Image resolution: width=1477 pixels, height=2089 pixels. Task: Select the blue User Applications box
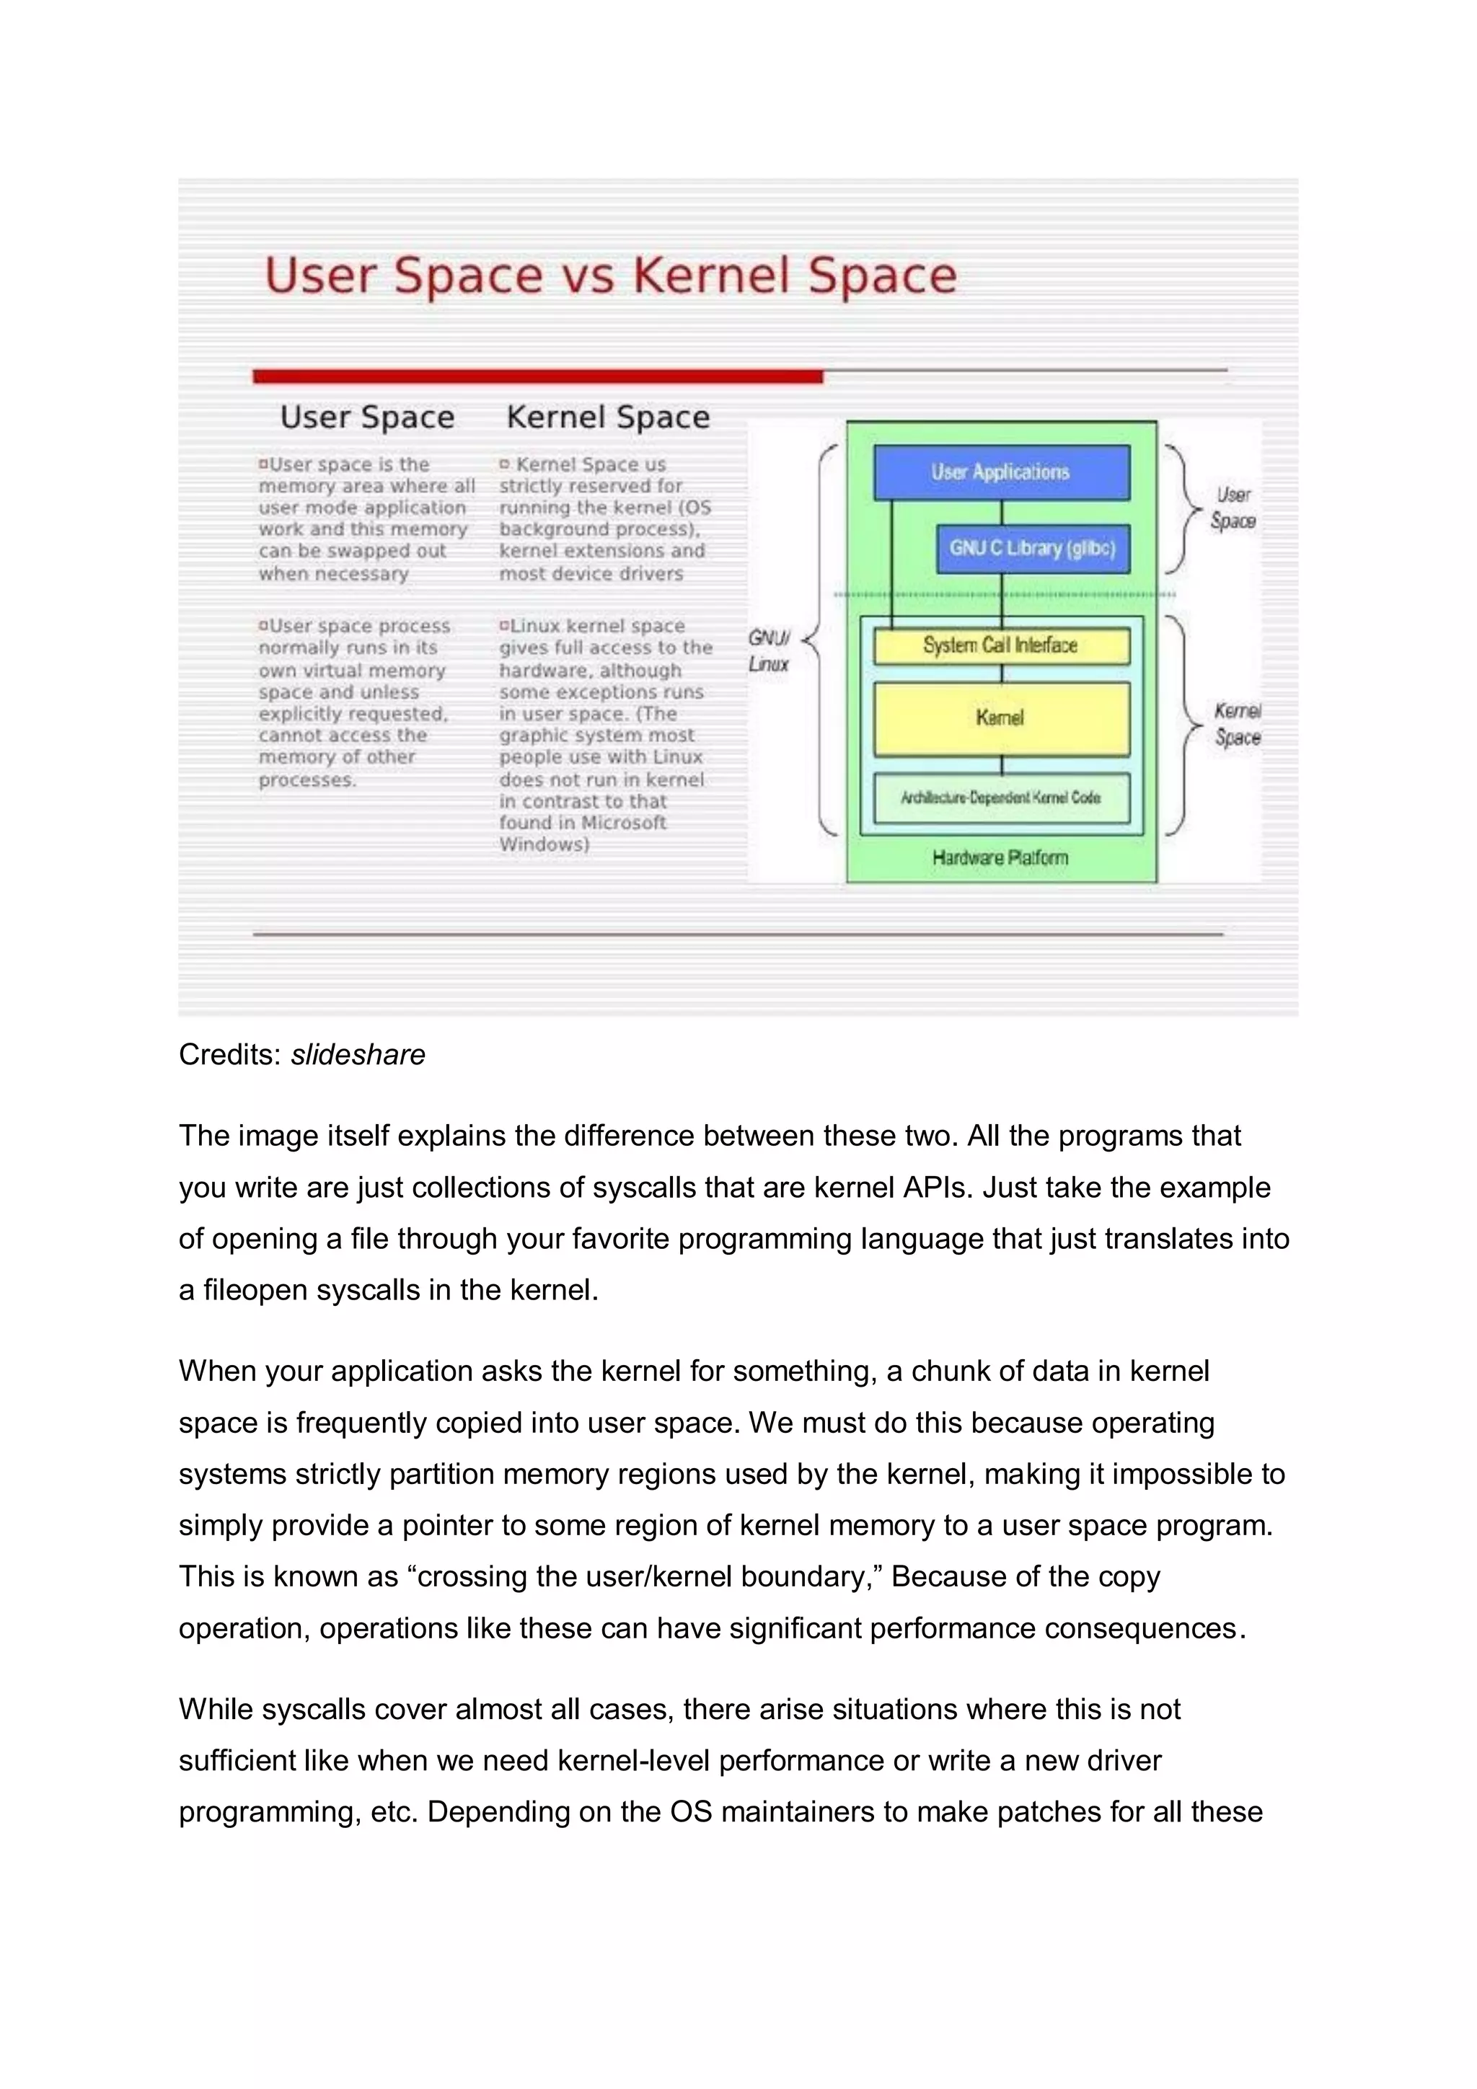1001,472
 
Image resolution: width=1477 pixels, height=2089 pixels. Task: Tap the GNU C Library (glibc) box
1032,549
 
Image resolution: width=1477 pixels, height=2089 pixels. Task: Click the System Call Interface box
1000,646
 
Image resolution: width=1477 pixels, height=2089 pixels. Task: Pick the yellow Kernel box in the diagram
1000,719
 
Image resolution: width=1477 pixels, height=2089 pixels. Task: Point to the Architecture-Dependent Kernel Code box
1000,798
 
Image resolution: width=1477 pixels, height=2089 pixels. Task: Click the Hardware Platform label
1000,858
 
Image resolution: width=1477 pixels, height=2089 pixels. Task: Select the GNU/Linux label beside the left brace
769,650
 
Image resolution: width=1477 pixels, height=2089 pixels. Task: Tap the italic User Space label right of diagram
1233,508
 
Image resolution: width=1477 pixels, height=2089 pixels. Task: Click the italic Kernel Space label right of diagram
1238,724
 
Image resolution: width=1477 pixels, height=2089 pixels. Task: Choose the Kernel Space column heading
608,417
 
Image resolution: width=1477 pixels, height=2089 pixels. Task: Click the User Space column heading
367,417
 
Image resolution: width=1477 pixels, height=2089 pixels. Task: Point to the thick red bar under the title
537,376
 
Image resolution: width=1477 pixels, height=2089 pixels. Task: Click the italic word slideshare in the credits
358,1054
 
